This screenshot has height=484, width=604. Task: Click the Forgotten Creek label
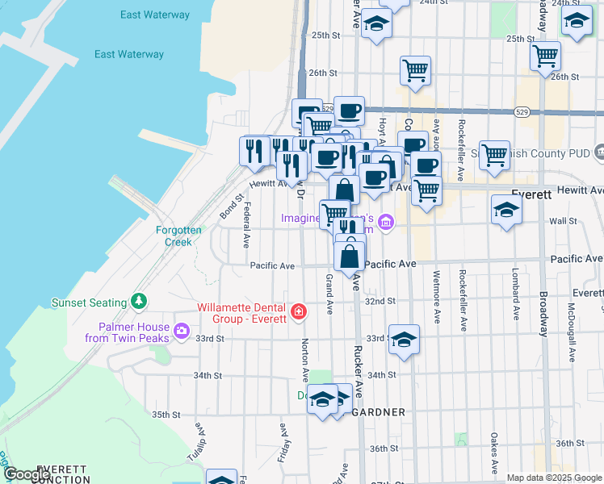point(174,236)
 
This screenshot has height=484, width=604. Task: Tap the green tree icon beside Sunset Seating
point(140,302)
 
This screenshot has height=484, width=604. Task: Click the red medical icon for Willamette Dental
point(299,311)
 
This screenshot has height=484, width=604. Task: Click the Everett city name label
point(531,194)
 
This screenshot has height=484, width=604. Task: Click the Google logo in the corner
point(27,474)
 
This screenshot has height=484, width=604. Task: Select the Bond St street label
point(231,207)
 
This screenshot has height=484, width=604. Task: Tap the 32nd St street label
point(380,300)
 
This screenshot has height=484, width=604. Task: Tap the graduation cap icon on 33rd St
point(404,340)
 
